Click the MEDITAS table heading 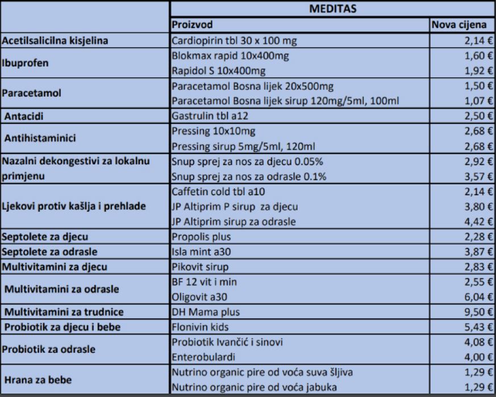[x=332, y=10]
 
